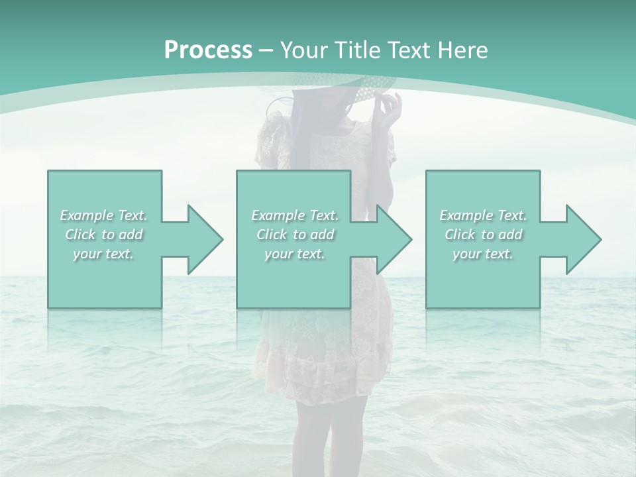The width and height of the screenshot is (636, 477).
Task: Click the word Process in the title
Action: (208, 50)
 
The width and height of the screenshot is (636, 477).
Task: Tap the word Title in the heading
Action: (358, 50)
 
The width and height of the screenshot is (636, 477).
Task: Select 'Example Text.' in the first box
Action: (104, 215)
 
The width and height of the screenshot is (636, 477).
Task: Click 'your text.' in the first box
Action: (104, 254)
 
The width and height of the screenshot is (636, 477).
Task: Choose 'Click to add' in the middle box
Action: (295, 235)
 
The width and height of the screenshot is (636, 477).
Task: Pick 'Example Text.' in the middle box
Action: (295, 215)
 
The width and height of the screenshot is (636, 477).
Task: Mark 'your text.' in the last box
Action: (483, 254)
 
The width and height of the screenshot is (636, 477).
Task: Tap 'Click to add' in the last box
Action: (483, 235)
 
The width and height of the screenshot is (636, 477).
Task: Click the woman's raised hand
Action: (391, 109)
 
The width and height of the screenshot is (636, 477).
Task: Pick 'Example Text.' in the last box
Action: (483, 215)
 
